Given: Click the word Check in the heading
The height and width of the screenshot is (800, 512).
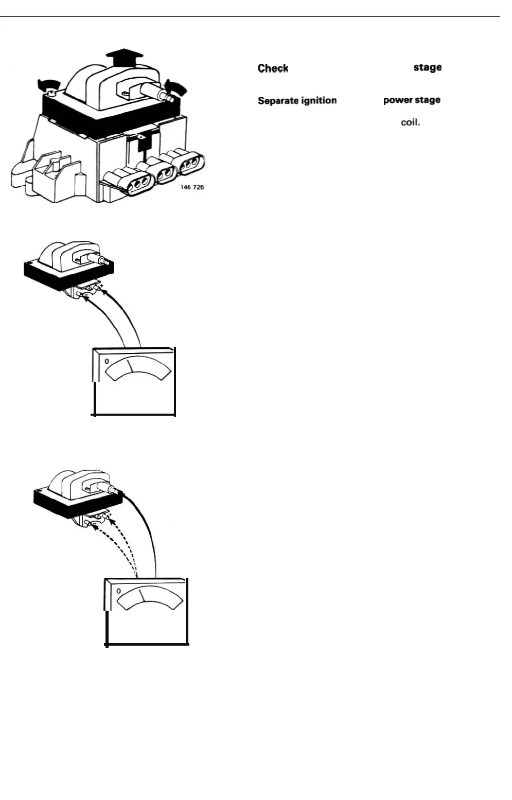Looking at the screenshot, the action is pos(273,68).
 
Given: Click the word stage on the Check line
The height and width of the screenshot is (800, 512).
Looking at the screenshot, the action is pos(427,67).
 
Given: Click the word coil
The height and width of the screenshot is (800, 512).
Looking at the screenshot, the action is pos(411,123).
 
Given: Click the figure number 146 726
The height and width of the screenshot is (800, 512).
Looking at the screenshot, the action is pos(192,187).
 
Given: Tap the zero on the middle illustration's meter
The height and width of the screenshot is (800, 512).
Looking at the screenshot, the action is pos(107,362).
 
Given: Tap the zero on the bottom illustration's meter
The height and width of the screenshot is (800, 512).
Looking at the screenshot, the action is pos(119,592).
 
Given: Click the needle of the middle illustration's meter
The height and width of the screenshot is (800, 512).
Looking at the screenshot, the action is pos(131,365).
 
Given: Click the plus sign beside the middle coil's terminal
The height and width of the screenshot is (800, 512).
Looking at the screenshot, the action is pos(101,285).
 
